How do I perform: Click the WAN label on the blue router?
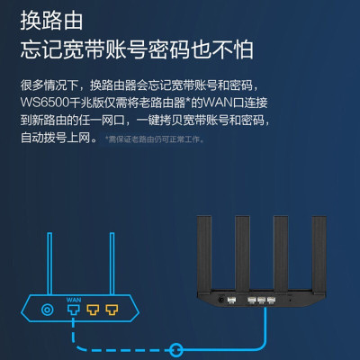(74, 300)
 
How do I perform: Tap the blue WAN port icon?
(74, 310)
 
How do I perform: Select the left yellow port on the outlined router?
(93, 310)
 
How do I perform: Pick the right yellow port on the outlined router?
(112, 310)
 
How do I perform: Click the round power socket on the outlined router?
(48, 310)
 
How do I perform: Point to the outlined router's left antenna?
(49, 264)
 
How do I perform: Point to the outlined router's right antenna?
(112, 264)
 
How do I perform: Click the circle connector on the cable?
(175, 350)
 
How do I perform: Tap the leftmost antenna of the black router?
(204, 255)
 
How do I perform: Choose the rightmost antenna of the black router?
(319, 255)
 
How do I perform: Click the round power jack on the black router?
(221, 300)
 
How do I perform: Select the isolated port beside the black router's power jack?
(231, 300)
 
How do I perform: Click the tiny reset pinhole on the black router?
(290, 300)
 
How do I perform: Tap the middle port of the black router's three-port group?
(261, 300)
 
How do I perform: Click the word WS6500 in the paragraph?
(45, 103)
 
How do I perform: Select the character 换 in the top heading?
(31, 21)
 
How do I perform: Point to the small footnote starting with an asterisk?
(155, 139)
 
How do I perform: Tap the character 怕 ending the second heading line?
(243, 49)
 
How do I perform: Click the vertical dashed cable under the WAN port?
(73, 330)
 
